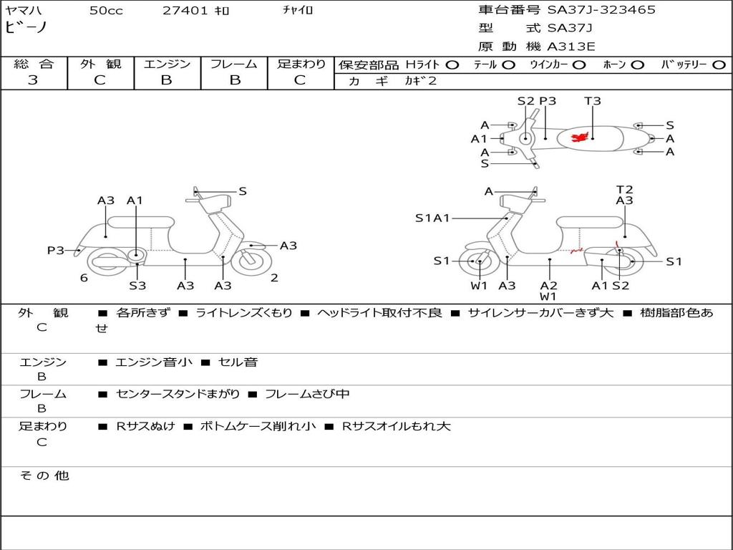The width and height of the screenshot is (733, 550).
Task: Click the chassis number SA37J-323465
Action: (x=601, y=10)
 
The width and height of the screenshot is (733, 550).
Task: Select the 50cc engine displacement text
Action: (x=105, y=11)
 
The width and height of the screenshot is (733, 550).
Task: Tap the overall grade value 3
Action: (x=33, y=80)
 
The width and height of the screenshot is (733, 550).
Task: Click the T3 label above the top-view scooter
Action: (x=593, y=101)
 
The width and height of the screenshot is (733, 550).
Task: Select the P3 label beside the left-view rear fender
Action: (x=56, y=250)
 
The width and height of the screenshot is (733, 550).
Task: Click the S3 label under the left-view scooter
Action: (x=137, y=285)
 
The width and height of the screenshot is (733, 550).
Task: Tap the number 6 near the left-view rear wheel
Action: (x=84, y=278)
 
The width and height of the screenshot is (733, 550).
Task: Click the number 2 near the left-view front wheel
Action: (x=274, y=278)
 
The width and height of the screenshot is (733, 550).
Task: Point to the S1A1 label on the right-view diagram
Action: (x=432, y=218)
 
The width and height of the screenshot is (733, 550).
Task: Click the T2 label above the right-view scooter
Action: (x=625, y=190)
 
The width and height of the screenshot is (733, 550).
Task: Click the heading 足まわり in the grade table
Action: (x=301, y=64)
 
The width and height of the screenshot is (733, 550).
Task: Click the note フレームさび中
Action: (x=307, y=394)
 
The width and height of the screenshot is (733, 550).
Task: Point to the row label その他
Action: (x=44, y=476)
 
